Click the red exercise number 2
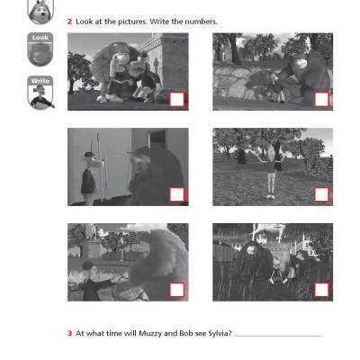70,21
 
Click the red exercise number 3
70,333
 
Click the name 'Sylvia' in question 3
213,333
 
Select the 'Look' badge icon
40,50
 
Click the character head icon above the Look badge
40,11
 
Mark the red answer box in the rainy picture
320,289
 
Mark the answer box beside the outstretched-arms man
176,289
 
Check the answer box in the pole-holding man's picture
176,193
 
